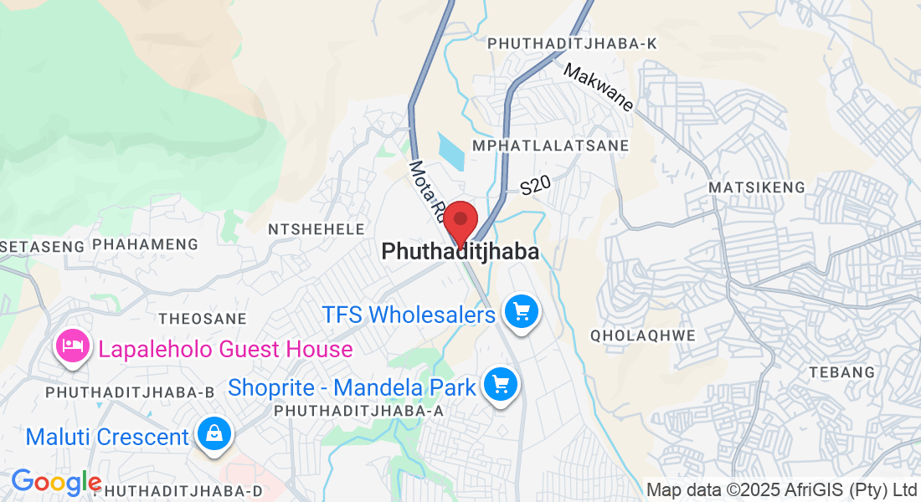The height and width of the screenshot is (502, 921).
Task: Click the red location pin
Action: point(460,222)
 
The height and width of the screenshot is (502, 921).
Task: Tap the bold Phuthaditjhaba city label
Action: point(460,251)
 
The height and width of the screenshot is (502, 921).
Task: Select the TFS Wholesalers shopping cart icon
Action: point(522,314)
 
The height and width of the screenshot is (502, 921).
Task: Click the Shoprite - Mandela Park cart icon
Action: point(501,386)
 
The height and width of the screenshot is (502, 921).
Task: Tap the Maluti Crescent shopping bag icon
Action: point(214,435)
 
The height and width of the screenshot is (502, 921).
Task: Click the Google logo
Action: point(55,482)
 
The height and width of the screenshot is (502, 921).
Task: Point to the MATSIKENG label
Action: point(756,187)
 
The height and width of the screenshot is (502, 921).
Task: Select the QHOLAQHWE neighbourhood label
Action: point(643,336)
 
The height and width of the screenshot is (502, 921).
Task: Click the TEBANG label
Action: point(841,371)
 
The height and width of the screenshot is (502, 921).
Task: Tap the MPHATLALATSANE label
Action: point(550,146)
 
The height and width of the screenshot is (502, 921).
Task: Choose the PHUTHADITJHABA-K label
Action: point(572,44)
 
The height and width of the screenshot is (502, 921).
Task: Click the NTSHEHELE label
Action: point(316,229)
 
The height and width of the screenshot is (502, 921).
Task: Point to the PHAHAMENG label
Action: point(145,244)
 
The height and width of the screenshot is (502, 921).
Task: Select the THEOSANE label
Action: point(203,319)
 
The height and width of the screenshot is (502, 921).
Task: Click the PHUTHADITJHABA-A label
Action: point(358,411)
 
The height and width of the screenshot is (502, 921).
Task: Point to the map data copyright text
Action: point(782,489)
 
